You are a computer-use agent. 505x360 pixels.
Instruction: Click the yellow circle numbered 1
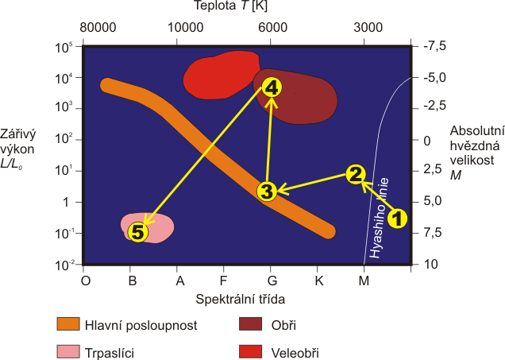point(398,219)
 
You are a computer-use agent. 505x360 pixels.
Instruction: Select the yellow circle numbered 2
point(356,174)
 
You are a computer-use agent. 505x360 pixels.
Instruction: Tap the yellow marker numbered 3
point(267,192)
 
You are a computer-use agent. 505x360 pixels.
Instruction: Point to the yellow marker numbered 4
point(272,87)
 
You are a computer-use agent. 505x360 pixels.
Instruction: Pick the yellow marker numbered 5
point(138,232)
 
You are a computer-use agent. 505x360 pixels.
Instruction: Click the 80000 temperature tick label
point(98,27)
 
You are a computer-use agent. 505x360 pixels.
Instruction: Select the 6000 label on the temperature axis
point(273,27)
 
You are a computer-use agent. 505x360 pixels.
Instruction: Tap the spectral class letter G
point(272,281)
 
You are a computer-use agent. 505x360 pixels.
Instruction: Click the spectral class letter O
point(85,281)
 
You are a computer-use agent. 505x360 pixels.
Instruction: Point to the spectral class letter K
point(319,281)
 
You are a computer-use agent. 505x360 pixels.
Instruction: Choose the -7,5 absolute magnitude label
point(434,46)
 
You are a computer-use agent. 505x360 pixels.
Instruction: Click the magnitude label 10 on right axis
point(430,265)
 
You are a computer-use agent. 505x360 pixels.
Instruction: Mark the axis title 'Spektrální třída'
point(241,300)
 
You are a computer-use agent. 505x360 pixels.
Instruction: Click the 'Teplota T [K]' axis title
point(230,6)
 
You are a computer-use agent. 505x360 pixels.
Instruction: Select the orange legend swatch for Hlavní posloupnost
point(68,324)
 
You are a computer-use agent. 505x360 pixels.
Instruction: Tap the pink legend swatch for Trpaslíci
point(68,351)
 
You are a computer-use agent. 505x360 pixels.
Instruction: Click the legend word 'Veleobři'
point(295,353)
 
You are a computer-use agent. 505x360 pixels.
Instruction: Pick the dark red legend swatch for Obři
point(250,324)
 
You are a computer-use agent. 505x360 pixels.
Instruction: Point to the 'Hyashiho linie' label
point(380,219)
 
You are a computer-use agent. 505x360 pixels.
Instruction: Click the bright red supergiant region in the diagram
point(219,75)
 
